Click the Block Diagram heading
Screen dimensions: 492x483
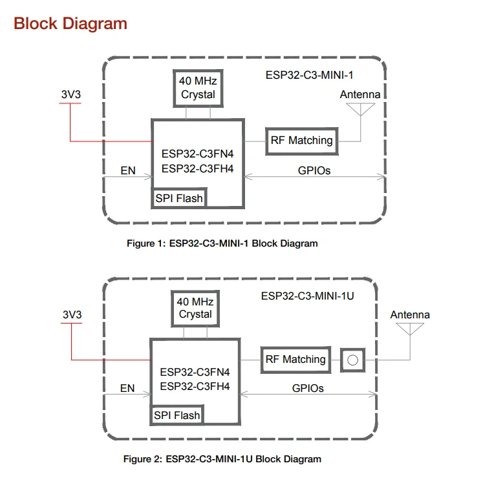coord(70,25)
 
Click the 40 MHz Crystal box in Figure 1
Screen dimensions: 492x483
coord(197,89)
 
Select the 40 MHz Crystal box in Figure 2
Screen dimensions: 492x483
coord(195,308)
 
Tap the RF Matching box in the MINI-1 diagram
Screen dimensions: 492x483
coord(302,141)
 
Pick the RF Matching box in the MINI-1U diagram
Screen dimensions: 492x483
coord(295,360)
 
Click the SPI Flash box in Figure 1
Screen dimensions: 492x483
coord(179,198)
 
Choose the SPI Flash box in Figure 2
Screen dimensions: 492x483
coord(177,415)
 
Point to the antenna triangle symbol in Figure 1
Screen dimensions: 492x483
coord(360,110)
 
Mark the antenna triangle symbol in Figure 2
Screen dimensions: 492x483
coord(409,329)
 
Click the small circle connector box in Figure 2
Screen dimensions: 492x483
coord(352,360)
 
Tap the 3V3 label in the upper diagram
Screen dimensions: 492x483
coord(71,95)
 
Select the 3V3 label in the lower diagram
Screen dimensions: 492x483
coord(72,314)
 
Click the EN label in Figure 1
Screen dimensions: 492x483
coord(128,171)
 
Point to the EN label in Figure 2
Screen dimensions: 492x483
coord(127,389)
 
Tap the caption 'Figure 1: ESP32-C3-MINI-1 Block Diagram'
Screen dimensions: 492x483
coord(222,243)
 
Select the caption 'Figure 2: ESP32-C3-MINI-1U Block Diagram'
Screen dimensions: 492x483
coord(222,459)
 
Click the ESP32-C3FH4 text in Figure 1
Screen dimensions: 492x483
coord(197,169)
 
